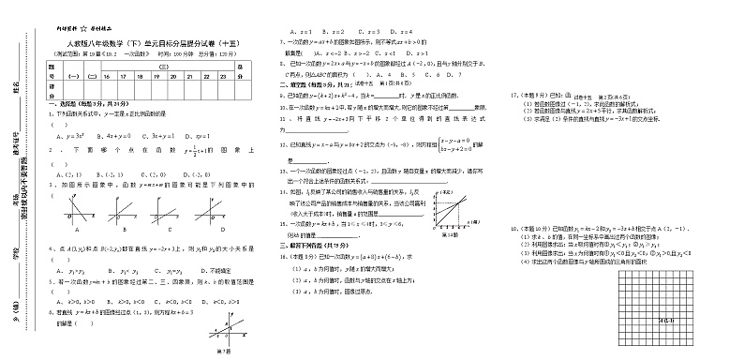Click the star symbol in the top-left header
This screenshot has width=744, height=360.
[x=82, y=28]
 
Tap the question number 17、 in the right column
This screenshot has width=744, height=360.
[x=513, y=95]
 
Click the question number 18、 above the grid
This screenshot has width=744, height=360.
[x=513, y=229]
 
